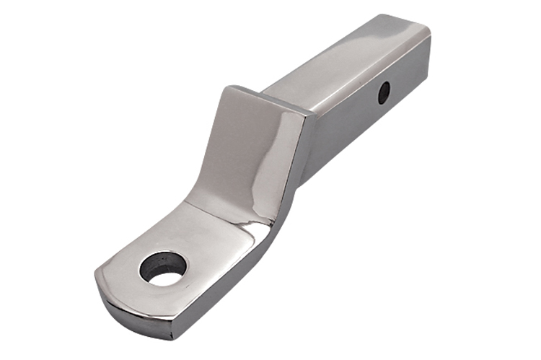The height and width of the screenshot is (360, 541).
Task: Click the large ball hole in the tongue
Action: click(x=163, y=268)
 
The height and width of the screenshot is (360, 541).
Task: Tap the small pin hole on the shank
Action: click(x=384, y=92)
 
